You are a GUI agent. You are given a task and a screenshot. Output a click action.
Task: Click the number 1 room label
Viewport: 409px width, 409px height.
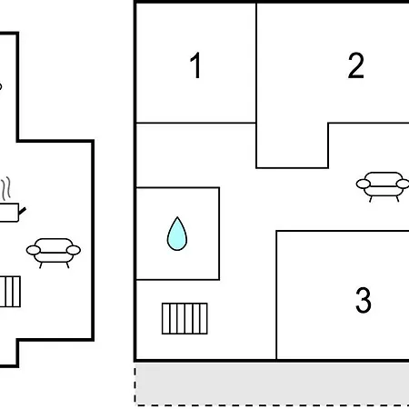click(x=195, y=65)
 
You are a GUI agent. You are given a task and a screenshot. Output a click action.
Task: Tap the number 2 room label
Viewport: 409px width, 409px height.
click(x=355, y=65)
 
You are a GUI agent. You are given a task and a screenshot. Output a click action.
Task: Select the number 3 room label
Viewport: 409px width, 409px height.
click(x=364, y=300)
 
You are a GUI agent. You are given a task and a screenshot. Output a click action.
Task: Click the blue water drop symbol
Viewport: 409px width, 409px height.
click(x=177, y=234)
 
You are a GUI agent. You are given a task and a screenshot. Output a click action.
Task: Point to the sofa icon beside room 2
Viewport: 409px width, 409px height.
click(x=383, y=186)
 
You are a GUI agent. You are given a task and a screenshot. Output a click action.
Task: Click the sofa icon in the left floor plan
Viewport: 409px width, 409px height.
click(x=54, y=253)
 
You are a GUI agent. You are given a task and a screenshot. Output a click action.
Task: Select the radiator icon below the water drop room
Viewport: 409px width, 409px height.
click(x=185, y=318)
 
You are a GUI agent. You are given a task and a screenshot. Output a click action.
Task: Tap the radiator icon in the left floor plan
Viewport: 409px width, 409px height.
click(x=10, y=292)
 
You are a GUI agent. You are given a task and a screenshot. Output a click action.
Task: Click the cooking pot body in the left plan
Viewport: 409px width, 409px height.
click(x=9, y=213)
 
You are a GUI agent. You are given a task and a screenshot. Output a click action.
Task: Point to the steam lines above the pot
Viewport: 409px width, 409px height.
click(x=5, y=188)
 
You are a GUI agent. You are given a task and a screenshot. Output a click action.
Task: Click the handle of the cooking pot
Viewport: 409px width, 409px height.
click(x=23, y=211)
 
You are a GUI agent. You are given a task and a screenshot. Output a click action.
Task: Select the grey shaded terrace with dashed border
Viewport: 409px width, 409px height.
click(x=272, y=384)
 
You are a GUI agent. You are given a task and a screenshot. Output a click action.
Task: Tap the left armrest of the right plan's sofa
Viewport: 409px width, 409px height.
click(x=364, y=184)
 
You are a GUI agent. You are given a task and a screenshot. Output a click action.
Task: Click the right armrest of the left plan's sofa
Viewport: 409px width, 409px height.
click(x=74, y=250)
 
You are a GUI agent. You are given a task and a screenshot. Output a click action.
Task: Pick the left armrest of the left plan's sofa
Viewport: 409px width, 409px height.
click(x=34, y=250)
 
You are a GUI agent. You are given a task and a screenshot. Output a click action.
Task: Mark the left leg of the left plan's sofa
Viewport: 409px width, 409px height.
click(x=41, y=265)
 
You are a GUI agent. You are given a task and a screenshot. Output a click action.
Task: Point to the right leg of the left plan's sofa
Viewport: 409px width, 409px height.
click(x=67, y=265)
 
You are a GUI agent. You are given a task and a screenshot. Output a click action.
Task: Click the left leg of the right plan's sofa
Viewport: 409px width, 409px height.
click(x=371, y=199)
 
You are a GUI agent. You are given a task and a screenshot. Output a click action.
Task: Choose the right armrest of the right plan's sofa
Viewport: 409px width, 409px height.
click(x=403, y=184)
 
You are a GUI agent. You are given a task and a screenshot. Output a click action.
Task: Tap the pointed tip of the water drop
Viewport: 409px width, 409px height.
click(x=177, y=217)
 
